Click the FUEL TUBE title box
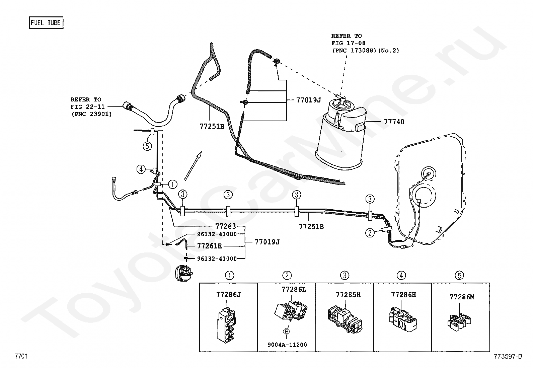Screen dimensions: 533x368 (46, 23)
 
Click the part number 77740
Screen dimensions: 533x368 (394, 122)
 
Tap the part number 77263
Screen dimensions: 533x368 (226, 226)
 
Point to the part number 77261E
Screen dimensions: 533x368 (209, 246)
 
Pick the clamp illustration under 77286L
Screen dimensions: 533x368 (291, 311)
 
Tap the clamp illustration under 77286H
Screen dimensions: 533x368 (403, 320)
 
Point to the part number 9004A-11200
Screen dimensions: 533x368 (287, 345)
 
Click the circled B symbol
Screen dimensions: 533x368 (287, 332)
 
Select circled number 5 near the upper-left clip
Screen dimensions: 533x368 (147, 146)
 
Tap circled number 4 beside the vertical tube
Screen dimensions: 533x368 (141, 169)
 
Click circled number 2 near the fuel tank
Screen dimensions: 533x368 (370, 233)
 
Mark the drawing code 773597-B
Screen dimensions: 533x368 (508, 356)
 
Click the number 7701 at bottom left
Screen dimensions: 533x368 (21, 356)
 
